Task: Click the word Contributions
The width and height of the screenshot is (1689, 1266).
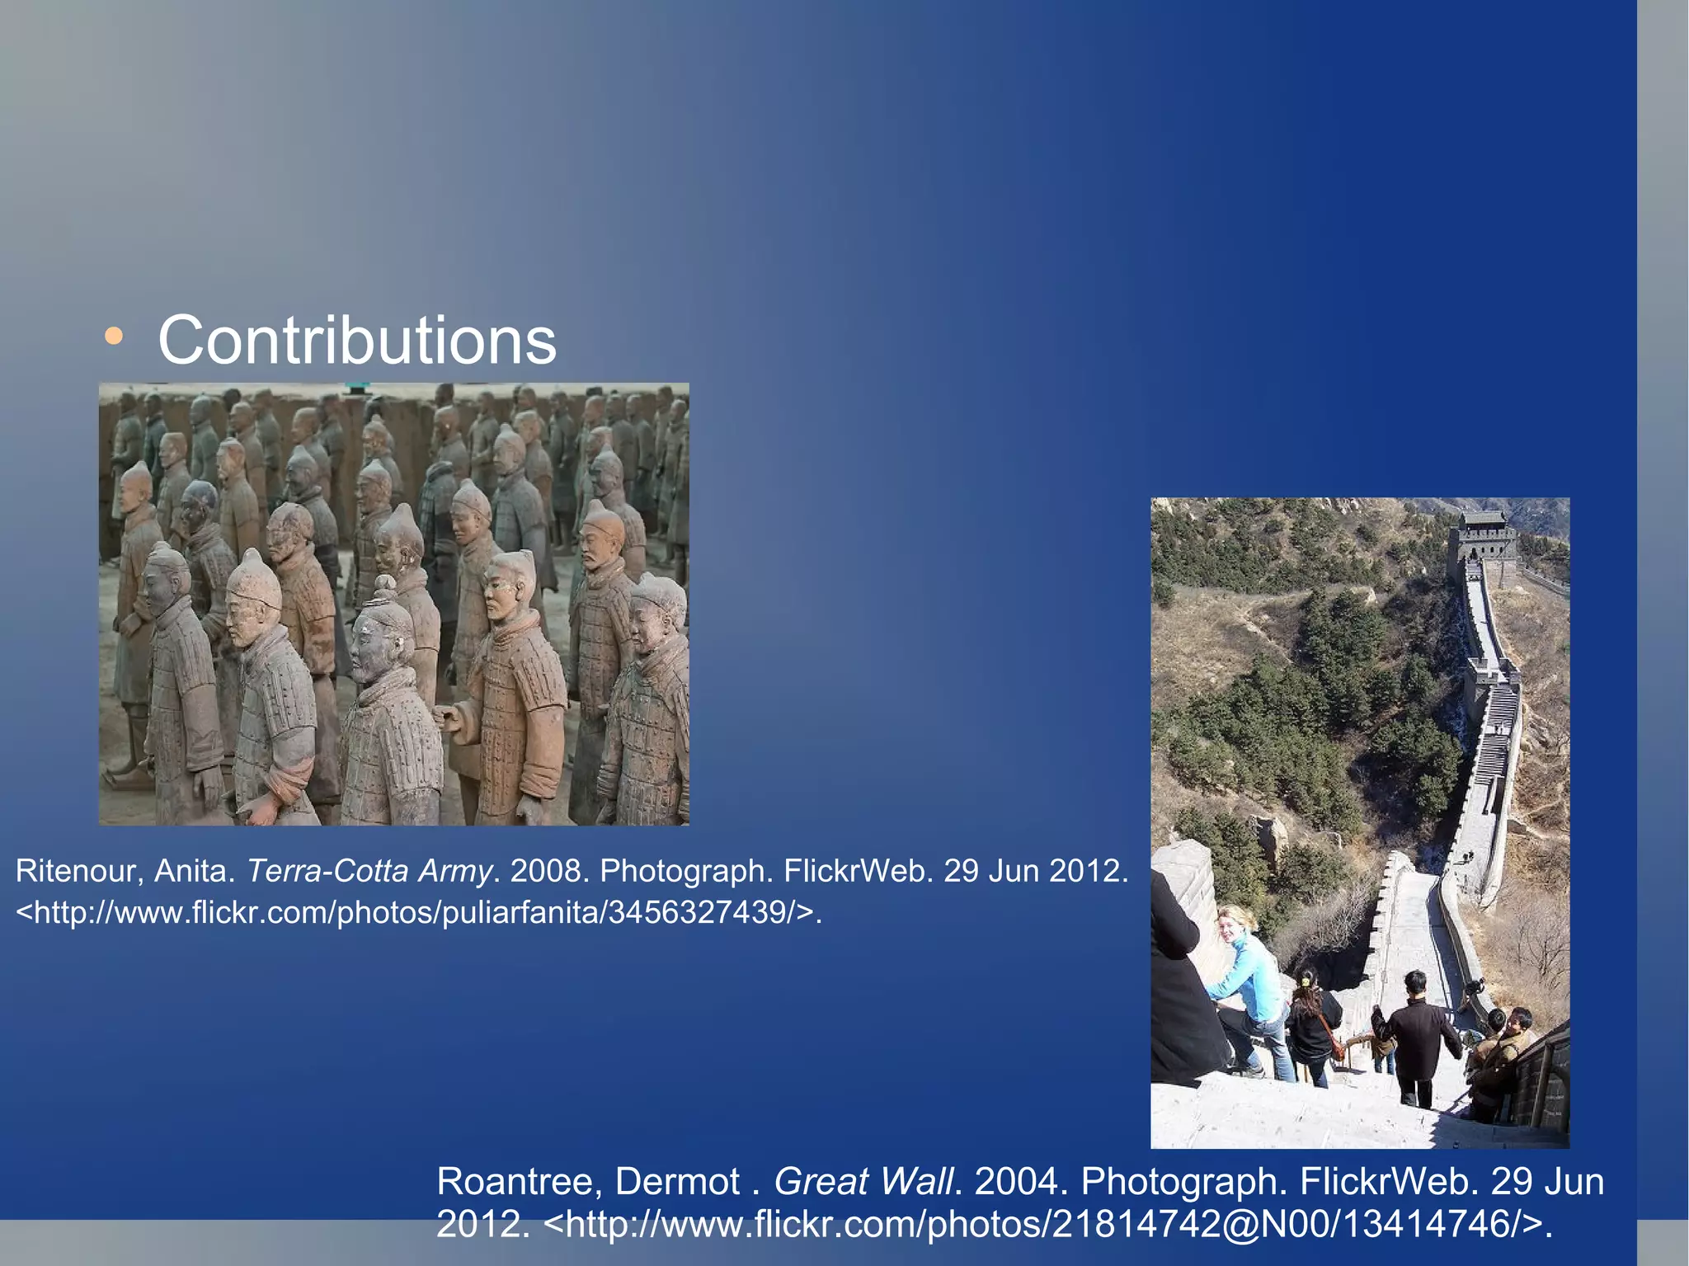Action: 357,341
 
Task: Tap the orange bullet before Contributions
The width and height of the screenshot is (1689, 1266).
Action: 114,337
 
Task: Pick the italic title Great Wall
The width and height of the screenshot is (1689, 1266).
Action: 863,1182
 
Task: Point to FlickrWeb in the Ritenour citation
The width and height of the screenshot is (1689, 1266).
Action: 858,871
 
